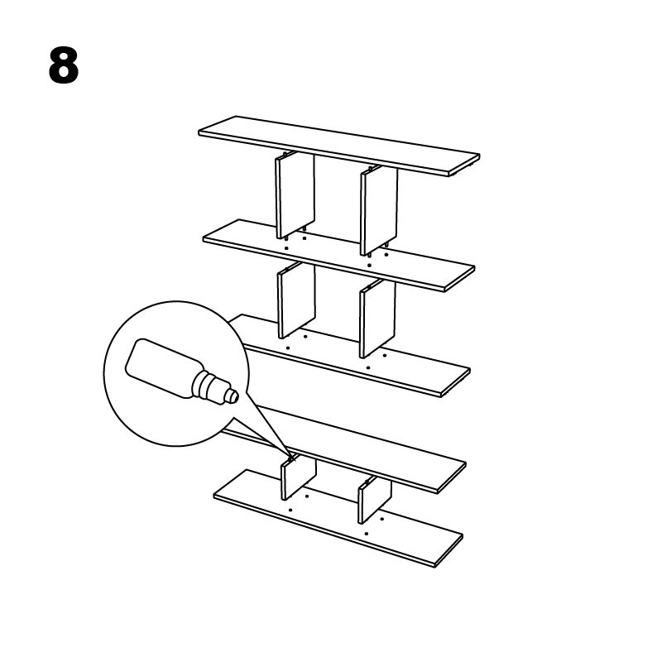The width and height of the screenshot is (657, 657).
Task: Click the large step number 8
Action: [x=64, y=65]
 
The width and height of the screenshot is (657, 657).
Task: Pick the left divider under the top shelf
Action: [x=294, y=194]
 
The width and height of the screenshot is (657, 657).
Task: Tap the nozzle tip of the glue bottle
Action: [x=234, y=396]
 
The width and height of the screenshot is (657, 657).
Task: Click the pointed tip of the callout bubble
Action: [x=290, y=455]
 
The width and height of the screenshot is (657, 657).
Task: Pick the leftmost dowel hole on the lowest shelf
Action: [x=290, y=510]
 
